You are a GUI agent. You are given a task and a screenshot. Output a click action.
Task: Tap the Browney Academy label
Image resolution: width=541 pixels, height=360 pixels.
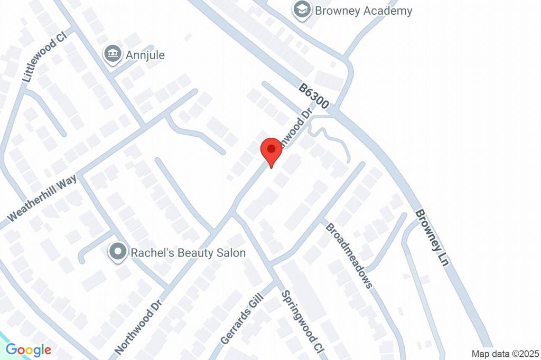(x=363, y=11)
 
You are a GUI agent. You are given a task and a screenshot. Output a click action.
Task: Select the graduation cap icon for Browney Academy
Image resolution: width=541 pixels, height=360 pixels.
(x=302, y=10)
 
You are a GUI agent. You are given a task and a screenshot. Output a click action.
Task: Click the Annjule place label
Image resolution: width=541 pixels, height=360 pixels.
(x=145, y=55)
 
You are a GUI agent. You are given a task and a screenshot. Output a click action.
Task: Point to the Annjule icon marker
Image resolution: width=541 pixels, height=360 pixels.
(x=112, y=54)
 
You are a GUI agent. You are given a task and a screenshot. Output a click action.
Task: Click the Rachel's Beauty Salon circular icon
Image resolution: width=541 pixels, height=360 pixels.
(x=117, y=252)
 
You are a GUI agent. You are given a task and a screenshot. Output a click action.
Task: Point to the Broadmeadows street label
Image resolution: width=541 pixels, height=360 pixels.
(x=349, y=255)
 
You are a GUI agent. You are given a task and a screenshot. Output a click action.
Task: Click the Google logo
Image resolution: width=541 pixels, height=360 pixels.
(x=29, y=349)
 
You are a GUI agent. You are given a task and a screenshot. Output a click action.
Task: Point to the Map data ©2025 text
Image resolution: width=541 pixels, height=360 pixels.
(x=505, y=354)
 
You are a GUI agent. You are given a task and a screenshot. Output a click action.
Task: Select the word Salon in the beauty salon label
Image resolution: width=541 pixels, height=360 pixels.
(x=230, y=253)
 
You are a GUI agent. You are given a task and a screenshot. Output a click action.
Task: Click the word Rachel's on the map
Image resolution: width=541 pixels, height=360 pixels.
(x=152, y=253)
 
